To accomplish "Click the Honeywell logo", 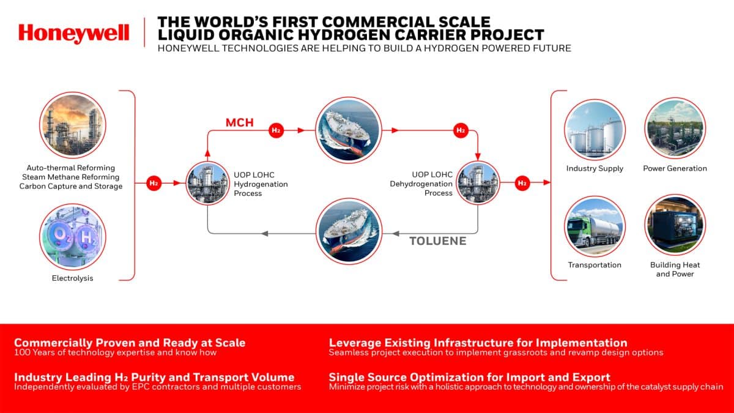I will coord(73,33).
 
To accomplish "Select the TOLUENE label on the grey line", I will coord(438,240).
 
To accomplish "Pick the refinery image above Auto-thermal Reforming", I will coord(73,126).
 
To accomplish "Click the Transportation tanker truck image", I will coord(595,226).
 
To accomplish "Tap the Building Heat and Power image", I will coord(675,225).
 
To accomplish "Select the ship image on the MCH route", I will coord(347,130).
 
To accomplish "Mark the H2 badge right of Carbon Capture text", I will coord(154,183).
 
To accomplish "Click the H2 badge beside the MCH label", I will coord(276,130).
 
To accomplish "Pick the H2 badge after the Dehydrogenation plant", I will coord(522,183).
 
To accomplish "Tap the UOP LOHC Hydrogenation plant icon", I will coord(207,183).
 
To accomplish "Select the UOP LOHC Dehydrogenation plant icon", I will coord(478,183).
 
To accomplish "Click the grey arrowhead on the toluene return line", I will coord(264,233).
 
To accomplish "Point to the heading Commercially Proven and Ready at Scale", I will coord(130,343).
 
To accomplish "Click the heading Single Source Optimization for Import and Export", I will coord(469,377).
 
